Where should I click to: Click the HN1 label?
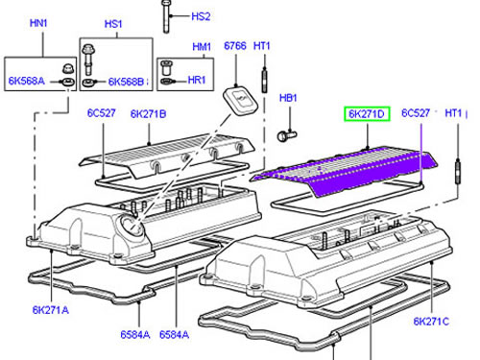[38, 23]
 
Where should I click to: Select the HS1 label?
[113, 24]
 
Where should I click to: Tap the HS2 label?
[201, 16]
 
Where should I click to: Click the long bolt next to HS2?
[166, 16]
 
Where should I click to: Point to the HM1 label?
[202, 47]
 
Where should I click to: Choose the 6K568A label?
[27, 81]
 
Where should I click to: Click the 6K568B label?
[126, 82]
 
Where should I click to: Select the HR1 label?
[197, 80]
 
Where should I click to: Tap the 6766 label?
[235, 46]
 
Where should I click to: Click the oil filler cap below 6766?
[240, 100]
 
